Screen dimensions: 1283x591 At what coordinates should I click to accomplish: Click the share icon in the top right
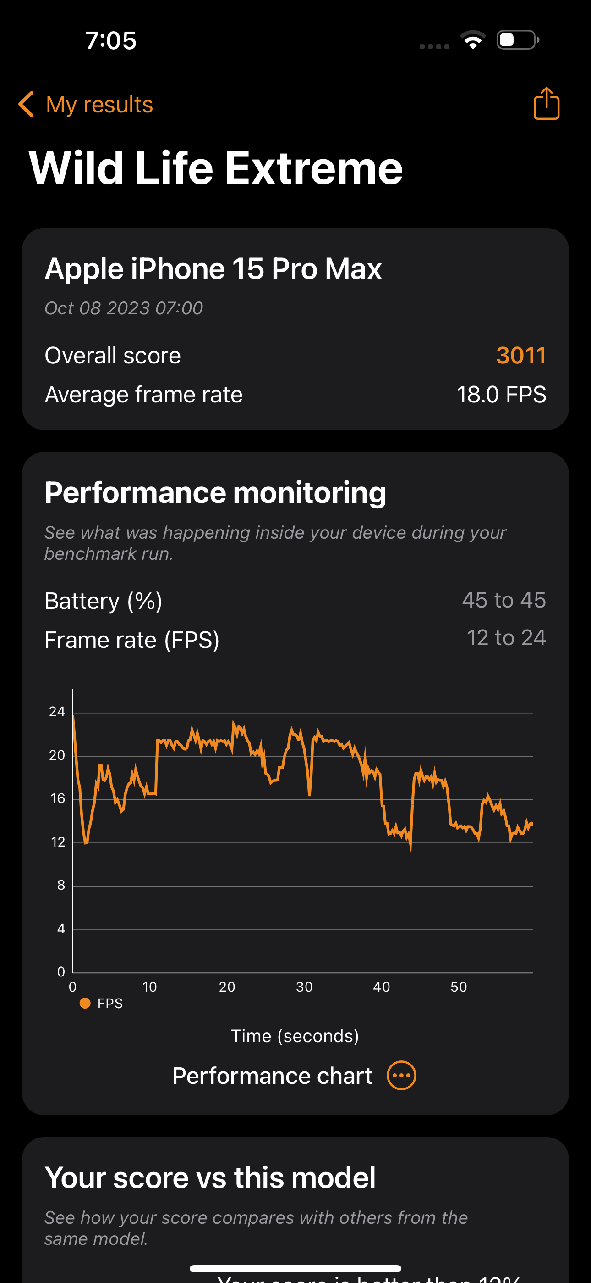click(546, 104)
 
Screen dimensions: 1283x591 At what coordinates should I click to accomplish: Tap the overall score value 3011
click(521, 356)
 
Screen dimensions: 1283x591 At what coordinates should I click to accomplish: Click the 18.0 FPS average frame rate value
click(501, 395)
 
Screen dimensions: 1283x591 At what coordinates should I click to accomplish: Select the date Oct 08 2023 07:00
click(124, 308)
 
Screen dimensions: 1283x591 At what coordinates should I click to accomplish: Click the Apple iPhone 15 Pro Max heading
click(213, 269)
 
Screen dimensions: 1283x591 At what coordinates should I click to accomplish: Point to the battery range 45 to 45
click(503, 600)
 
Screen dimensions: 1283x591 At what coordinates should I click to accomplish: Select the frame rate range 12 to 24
click(506, 638)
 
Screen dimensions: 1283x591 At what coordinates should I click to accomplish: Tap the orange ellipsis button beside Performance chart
click(401, 1075)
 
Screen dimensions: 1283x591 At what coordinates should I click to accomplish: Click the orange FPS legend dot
click(85, 1003)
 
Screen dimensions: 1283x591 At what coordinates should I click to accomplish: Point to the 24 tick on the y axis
click(57, 712)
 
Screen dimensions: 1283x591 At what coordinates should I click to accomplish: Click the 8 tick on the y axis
click(61, 885)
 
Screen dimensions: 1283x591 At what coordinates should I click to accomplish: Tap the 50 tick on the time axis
click(459, 987)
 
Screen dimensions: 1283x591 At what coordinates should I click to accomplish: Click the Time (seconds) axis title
click(295, 1036)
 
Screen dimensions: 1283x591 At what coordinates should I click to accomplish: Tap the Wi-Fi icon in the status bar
click(473, 40)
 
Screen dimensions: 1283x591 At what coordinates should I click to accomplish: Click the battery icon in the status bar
click(517, 40)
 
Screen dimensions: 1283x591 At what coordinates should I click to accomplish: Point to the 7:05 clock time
click(111, 40)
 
